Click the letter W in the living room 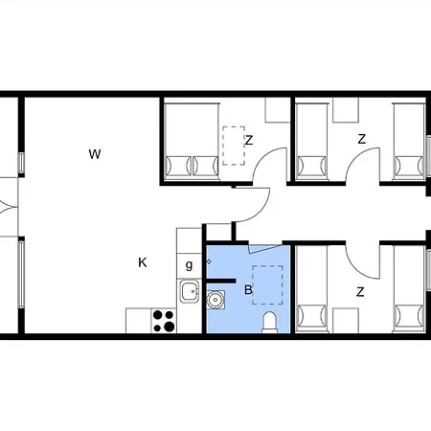[95, 154]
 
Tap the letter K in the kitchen [143, 262]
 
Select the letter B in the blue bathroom [248, 290]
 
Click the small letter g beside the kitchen [189, 265]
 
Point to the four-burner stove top [164, 321]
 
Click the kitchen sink [190, 291]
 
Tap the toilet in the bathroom [269, 323]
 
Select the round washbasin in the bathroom [215, 300]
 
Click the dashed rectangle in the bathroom [267, 284]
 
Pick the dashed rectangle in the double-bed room [234, 146]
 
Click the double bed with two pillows [192, 142]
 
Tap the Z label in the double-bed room [249, 140]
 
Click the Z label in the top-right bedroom [361, 139]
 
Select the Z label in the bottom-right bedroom [360, 292]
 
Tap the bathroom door [264, 249]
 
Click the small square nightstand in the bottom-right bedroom [346, 321]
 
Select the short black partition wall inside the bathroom [221, 281]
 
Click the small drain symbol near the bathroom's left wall [209, 261]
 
